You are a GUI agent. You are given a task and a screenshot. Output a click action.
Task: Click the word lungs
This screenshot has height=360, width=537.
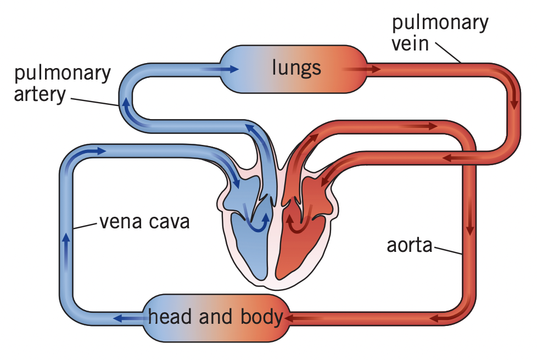297,68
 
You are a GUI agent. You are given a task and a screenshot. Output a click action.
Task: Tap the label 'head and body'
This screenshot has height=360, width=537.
215,317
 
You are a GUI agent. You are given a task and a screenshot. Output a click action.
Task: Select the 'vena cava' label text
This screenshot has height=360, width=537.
144,222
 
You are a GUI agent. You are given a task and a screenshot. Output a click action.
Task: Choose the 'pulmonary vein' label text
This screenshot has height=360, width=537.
439,32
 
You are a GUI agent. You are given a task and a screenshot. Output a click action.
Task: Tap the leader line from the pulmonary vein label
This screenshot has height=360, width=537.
447,53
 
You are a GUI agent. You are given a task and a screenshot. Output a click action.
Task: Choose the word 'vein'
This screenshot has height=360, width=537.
410,42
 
